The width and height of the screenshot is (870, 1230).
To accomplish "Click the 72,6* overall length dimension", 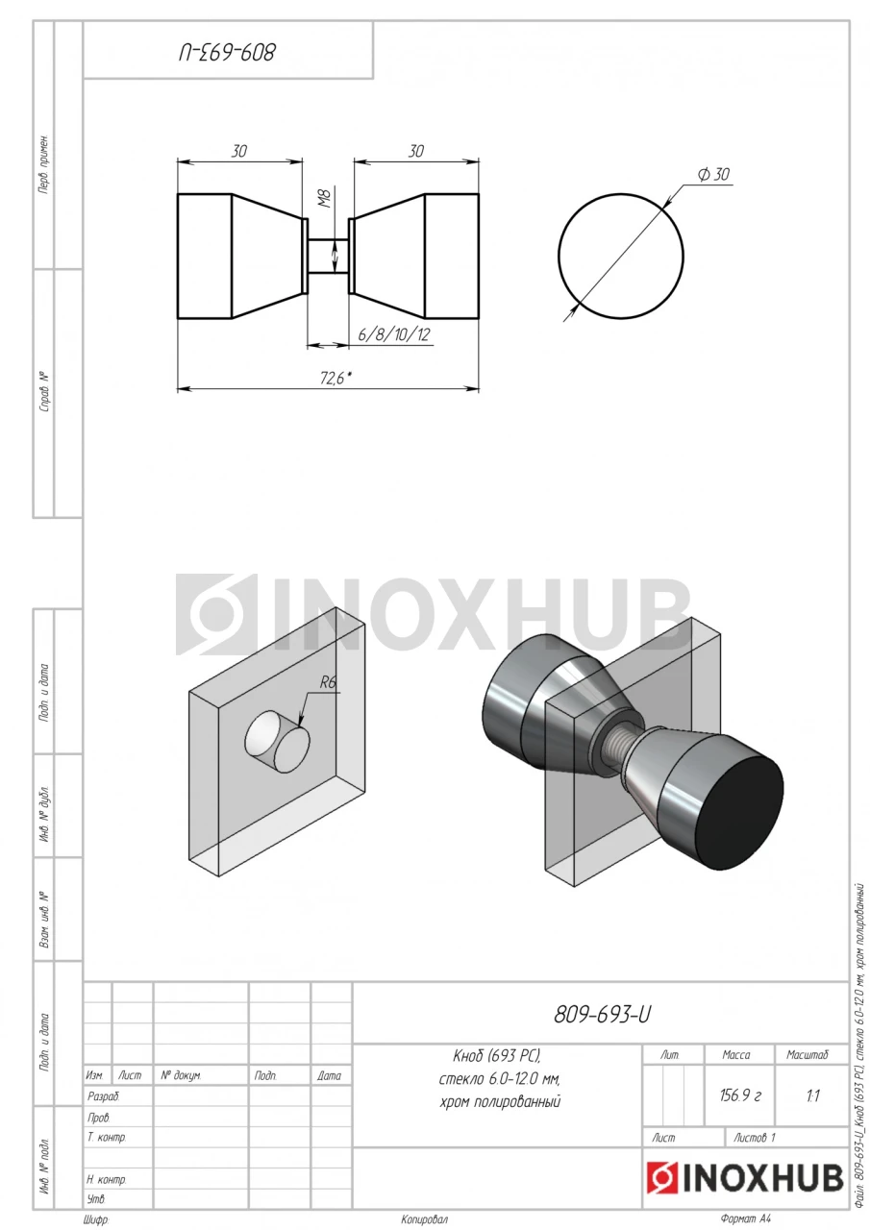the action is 336,378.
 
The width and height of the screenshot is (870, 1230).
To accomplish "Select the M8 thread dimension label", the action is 326,198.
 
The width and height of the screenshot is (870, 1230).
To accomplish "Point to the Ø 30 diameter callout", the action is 713,174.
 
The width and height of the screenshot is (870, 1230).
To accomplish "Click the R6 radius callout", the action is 328,682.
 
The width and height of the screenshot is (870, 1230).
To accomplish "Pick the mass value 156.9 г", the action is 740,1095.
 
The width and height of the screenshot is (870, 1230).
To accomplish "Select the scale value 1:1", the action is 813,1096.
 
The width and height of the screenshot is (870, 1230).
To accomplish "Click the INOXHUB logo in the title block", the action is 745,1178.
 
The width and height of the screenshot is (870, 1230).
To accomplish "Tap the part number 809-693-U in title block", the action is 602,1015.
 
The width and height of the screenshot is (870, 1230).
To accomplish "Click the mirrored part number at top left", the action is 227,53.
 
